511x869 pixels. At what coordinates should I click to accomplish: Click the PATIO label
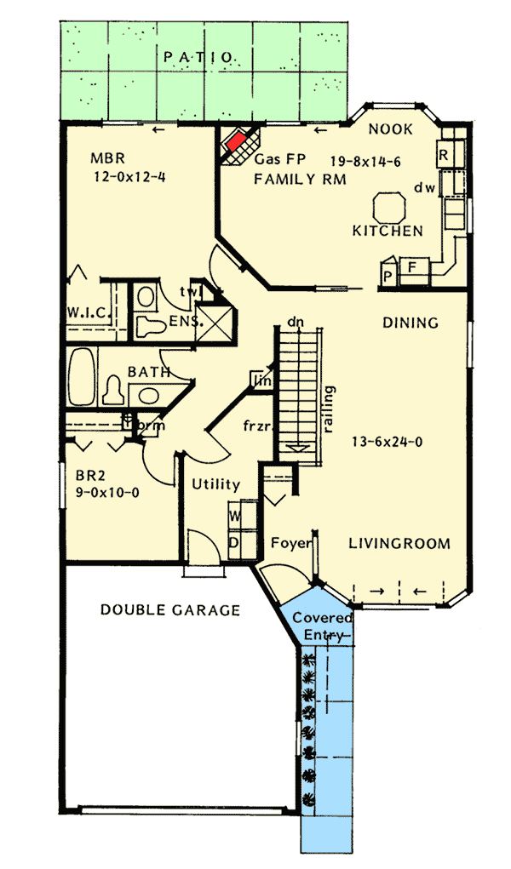tap(199, 57)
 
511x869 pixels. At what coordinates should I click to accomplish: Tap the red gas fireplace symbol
tap(238, 140)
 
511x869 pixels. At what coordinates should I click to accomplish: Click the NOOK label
tap(391, 129)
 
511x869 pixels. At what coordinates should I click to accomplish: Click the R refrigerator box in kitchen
tap(444, 155)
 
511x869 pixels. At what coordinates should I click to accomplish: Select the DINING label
tap(410, 323)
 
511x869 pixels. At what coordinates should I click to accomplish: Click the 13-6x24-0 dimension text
tap(388, 442)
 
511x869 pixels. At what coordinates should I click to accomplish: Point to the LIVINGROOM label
tap(399, 543)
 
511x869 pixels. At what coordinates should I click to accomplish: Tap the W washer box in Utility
tap(235, 515)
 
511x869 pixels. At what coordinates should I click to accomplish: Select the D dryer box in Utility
tap(235, 541)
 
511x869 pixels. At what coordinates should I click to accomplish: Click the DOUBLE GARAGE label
tap(169, 609)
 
